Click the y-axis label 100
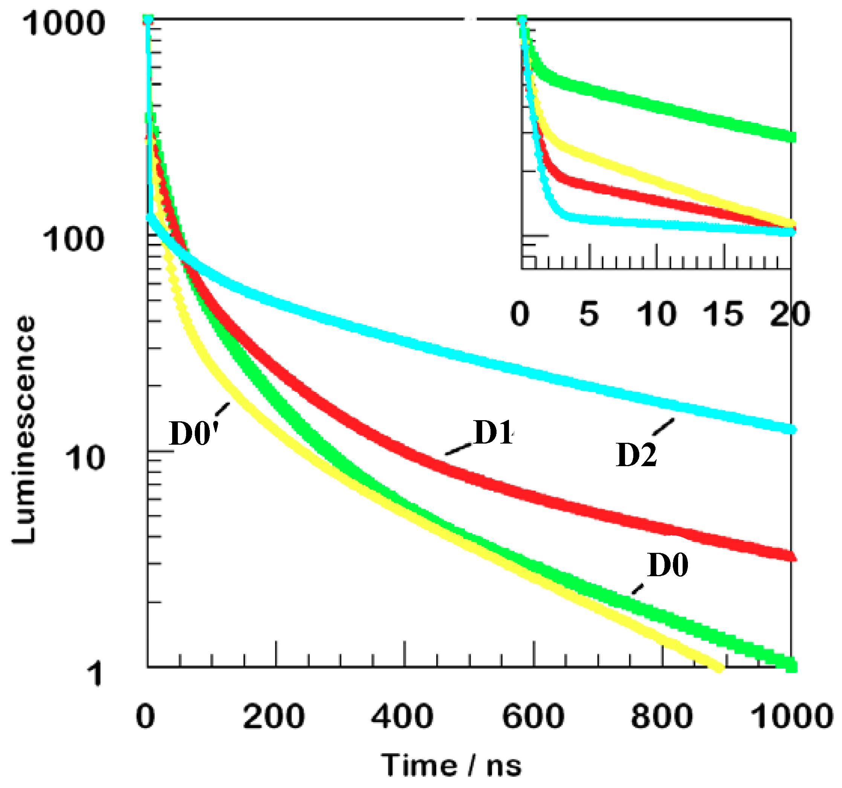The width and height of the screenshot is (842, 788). coord(73,239)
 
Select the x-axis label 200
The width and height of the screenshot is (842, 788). coord(274,716)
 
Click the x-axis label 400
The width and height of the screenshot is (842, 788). coord(402,716)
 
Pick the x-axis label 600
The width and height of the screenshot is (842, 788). coord(533,716)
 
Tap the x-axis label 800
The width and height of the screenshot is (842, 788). coord(662,716)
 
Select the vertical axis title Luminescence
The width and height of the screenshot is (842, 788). coord(24,430)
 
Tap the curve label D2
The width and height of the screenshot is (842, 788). coord(636,454)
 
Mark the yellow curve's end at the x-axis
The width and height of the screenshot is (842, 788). coord(718,668)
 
